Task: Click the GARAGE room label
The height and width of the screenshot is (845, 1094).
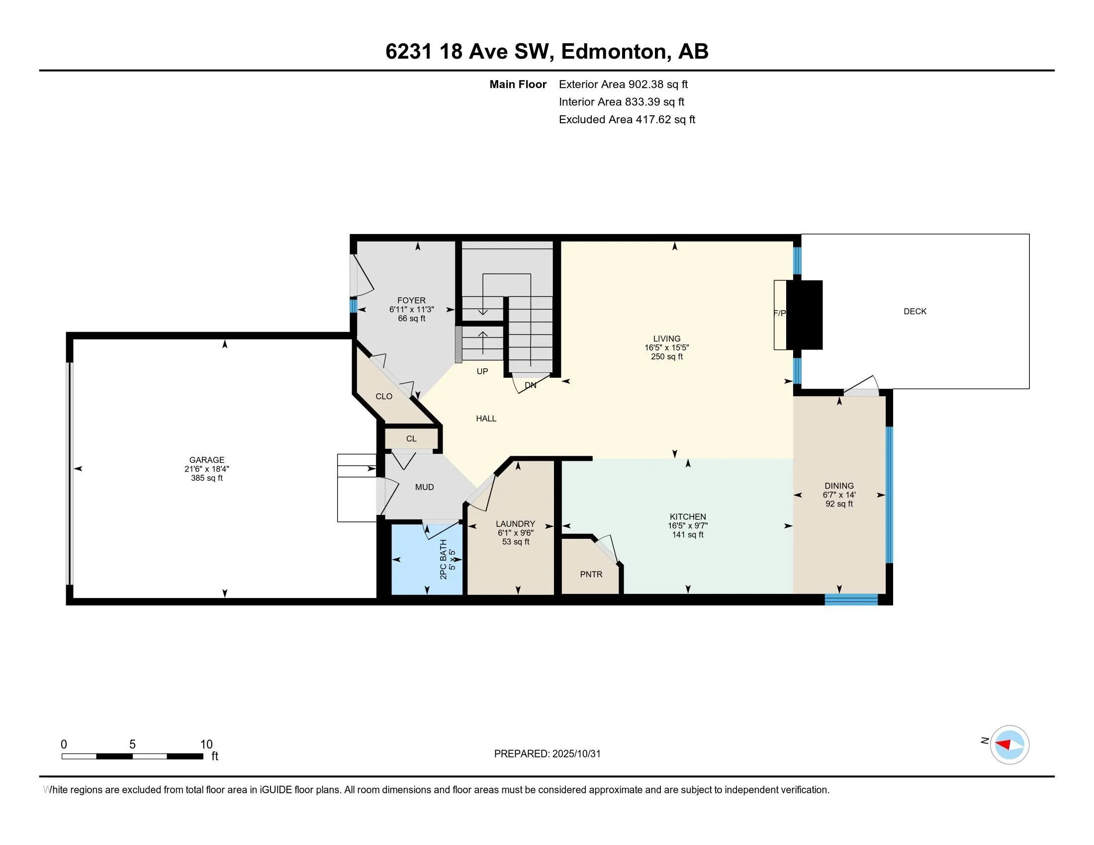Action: pos(206,460)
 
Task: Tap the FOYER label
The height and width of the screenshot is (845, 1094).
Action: pos(411,300)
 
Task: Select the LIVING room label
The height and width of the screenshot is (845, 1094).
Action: pos(667,338)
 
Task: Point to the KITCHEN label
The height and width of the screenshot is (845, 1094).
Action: pos(688,516)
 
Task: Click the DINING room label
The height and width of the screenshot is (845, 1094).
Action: pos(839,486)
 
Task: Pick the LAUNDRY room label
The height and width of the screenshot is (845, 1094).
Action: pos(516,523)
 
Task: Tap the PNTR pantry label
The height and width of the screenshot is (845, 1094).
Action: pos(591,574)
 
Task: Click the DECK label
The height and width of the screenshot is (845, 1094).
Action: pos(914,311)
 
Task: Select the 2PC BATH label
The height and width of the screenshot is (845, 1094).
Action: pos(443,559)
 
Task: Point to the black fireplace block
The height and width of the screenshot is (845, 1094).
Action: pos(805,315)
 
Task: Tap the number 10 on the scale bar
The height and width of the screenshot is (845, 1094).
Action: pos(206,745)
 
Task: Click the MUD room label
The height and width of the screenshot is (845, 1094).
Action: pos(424,487)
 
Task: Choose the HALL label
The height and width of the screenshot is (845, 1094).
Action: pos(486,419)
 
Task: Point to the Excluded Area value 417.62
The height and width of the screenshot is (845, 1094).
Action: pos(653,119)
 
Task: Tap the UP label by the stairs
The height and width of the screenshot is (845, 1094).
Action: pos(482,371)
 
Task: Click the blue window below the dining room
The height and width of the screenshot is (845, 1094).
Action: pos(851,599)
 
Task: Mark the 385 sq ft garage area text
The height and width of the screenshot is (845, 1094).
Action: pos(206,478)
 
